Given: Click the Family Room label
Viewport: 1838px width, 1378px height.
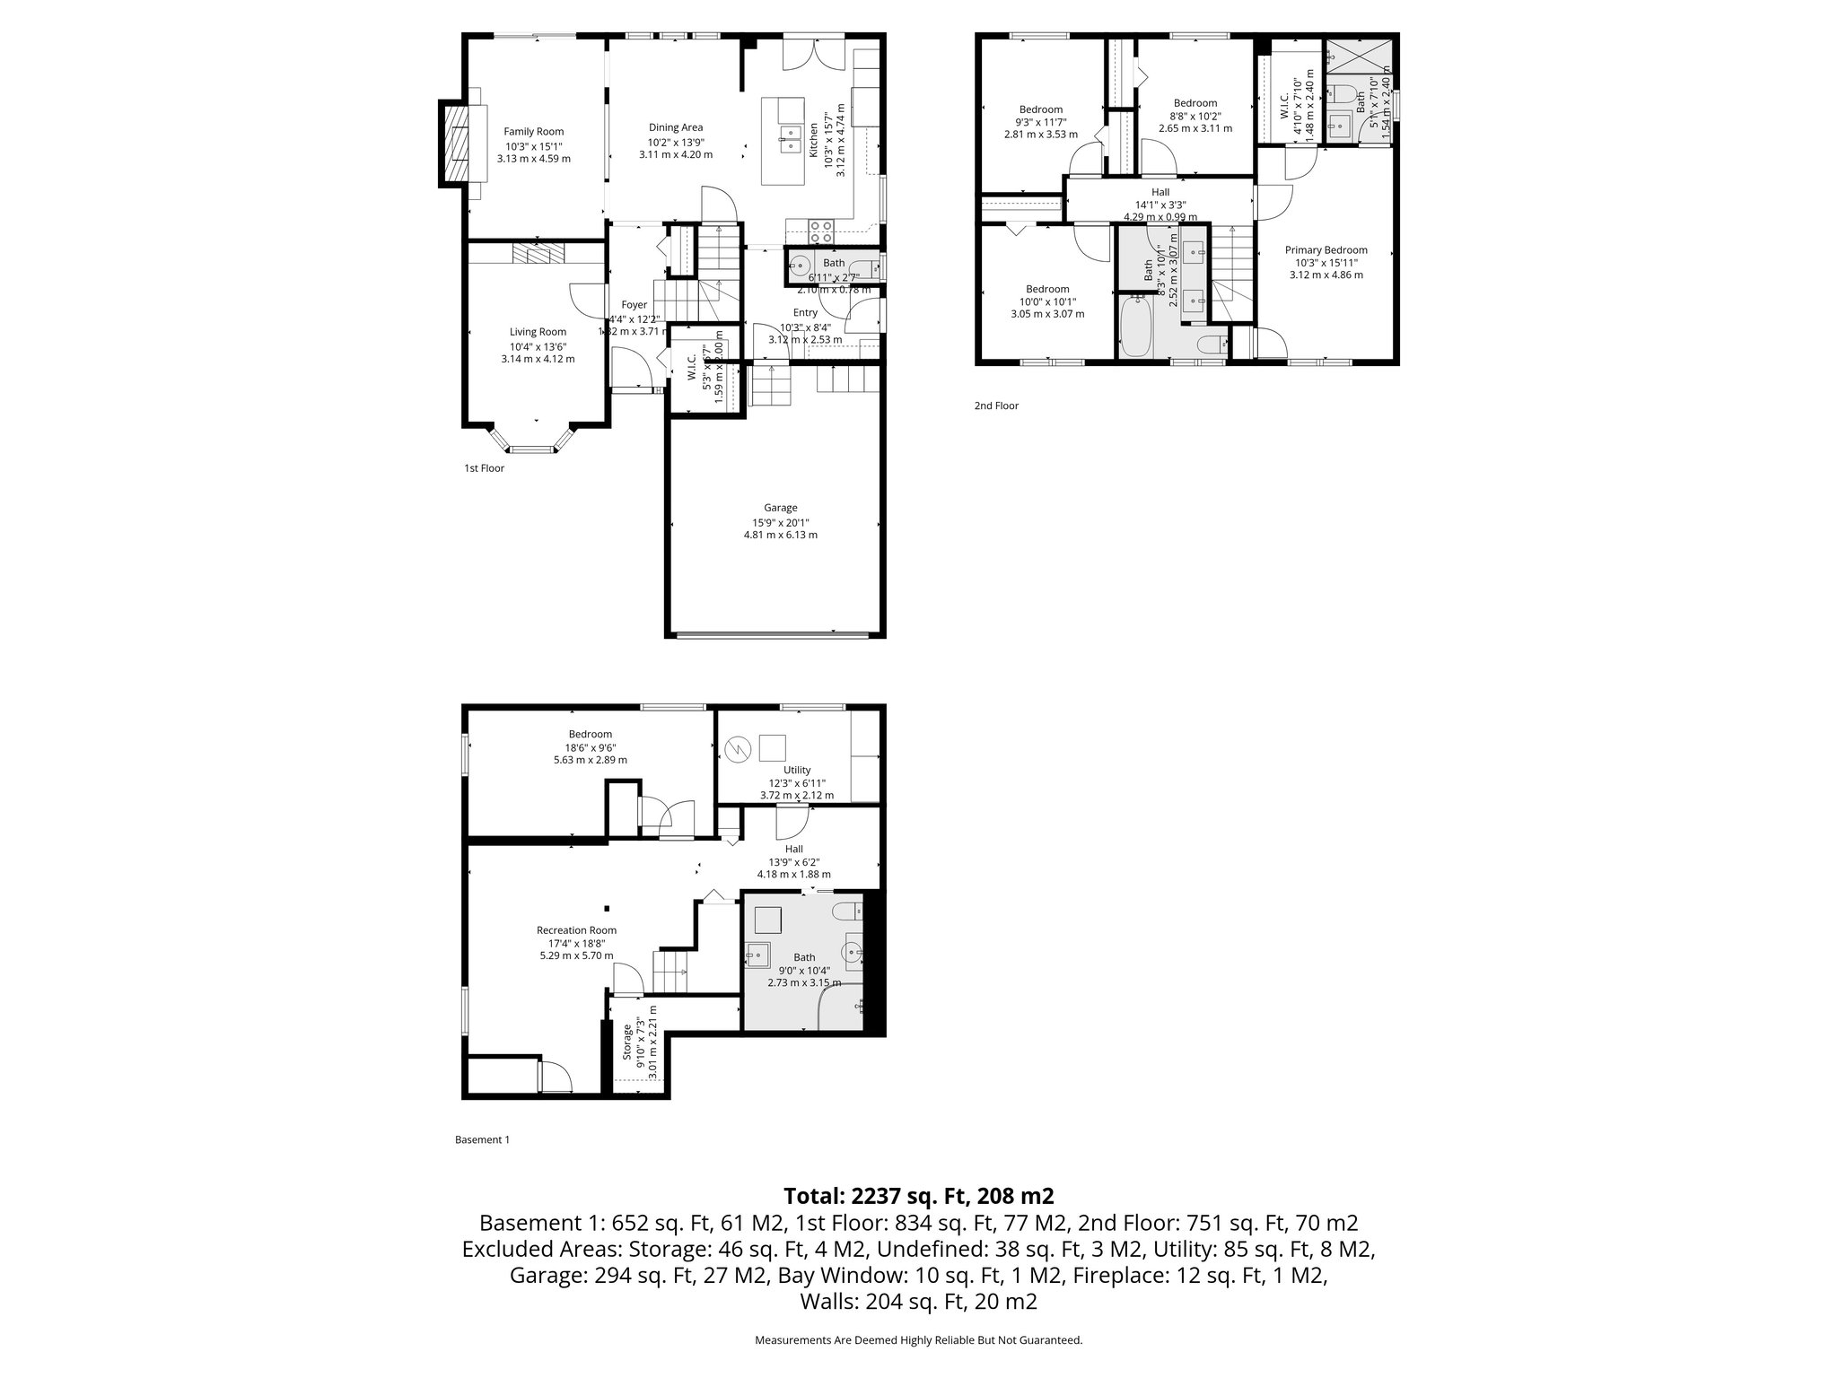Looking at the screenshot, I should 533,132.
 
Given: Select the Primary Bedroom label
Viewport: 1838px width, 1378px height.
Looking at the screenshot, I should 1326,250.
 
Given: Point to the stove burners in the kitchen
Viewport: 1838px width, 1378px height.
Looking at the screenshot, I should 821,231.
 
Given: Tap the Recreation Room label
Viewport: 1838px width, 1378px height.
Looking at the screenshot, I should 576,930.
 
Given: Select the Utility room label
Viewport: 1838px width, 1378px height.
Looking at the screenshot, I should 796,770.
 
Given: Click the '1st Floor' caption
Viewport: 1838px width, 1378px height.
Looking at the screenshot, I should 484,468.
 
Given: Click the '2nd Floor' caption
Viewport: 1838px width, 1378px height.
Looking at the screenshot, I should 996,406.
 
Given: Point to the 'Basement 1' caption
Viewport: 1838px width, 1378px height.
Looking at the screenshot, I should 482,1140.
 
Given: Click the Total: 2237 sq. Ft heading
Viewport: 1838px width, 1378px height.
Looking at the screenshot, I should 918,1196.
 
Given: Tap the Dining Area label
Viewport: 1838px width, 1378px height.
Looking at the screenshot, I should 676,127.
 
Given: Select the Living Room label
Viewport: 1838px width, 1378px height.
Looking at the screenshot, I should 538,332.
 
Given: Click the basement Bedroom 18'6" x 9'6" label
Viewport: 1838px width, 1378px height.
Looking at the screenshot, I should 590,734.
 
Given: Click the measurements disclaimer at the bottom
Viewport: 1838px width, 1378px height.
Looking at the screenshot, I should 918,1340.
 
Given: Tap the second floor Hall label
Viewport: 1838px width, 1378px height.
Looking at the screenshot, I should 1160,192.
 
